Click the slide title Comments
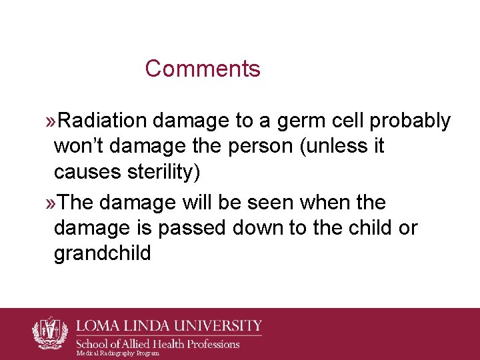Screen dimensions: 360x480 pyautogui.click(x=203, y=69)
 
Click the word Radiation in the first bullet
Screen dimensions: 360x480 pyautogui.click(x=103, y=121)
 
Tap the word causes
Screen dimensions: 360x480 pyautogui.click(x=84, y=171)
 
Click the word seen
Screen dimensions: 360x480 pyautogui.click(x=283, y=203)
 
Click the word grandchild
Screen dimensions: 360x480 pyautogui.click(x=103, y=253)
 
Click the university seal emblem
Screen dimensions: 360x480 pyautogui.click(x=51, y=331)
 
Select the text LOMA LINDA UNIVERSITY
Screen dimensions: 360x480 pyautogui.click(x=169, y=327)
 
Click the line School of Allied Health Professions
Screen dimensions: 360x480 pyautogui.click(x=157, y=344)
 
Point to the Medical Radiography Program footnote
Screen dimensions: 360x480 pyautogui.click(x=117, y=353)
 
